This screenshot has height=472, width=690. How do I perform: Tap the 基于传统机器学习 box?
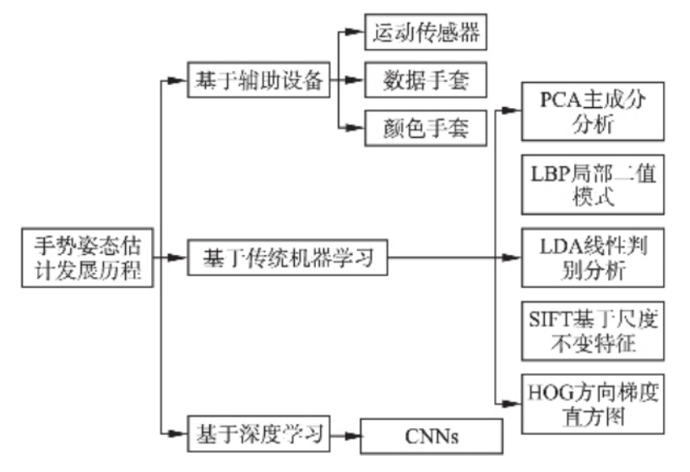coord(288,258)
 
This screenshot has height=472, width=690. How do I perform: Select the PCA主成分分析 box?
coord(592,111)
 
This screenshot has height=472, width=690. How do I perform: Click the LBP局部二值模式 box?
coord(592,184)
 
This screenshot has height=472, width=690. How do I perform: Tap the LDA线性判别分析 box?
coord(592,257)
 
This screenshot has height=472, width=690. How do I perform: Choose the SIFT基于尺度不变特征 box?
coord(592,330)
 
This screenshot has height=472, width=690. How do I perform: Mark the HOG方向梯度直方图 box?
coord(592,403)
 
